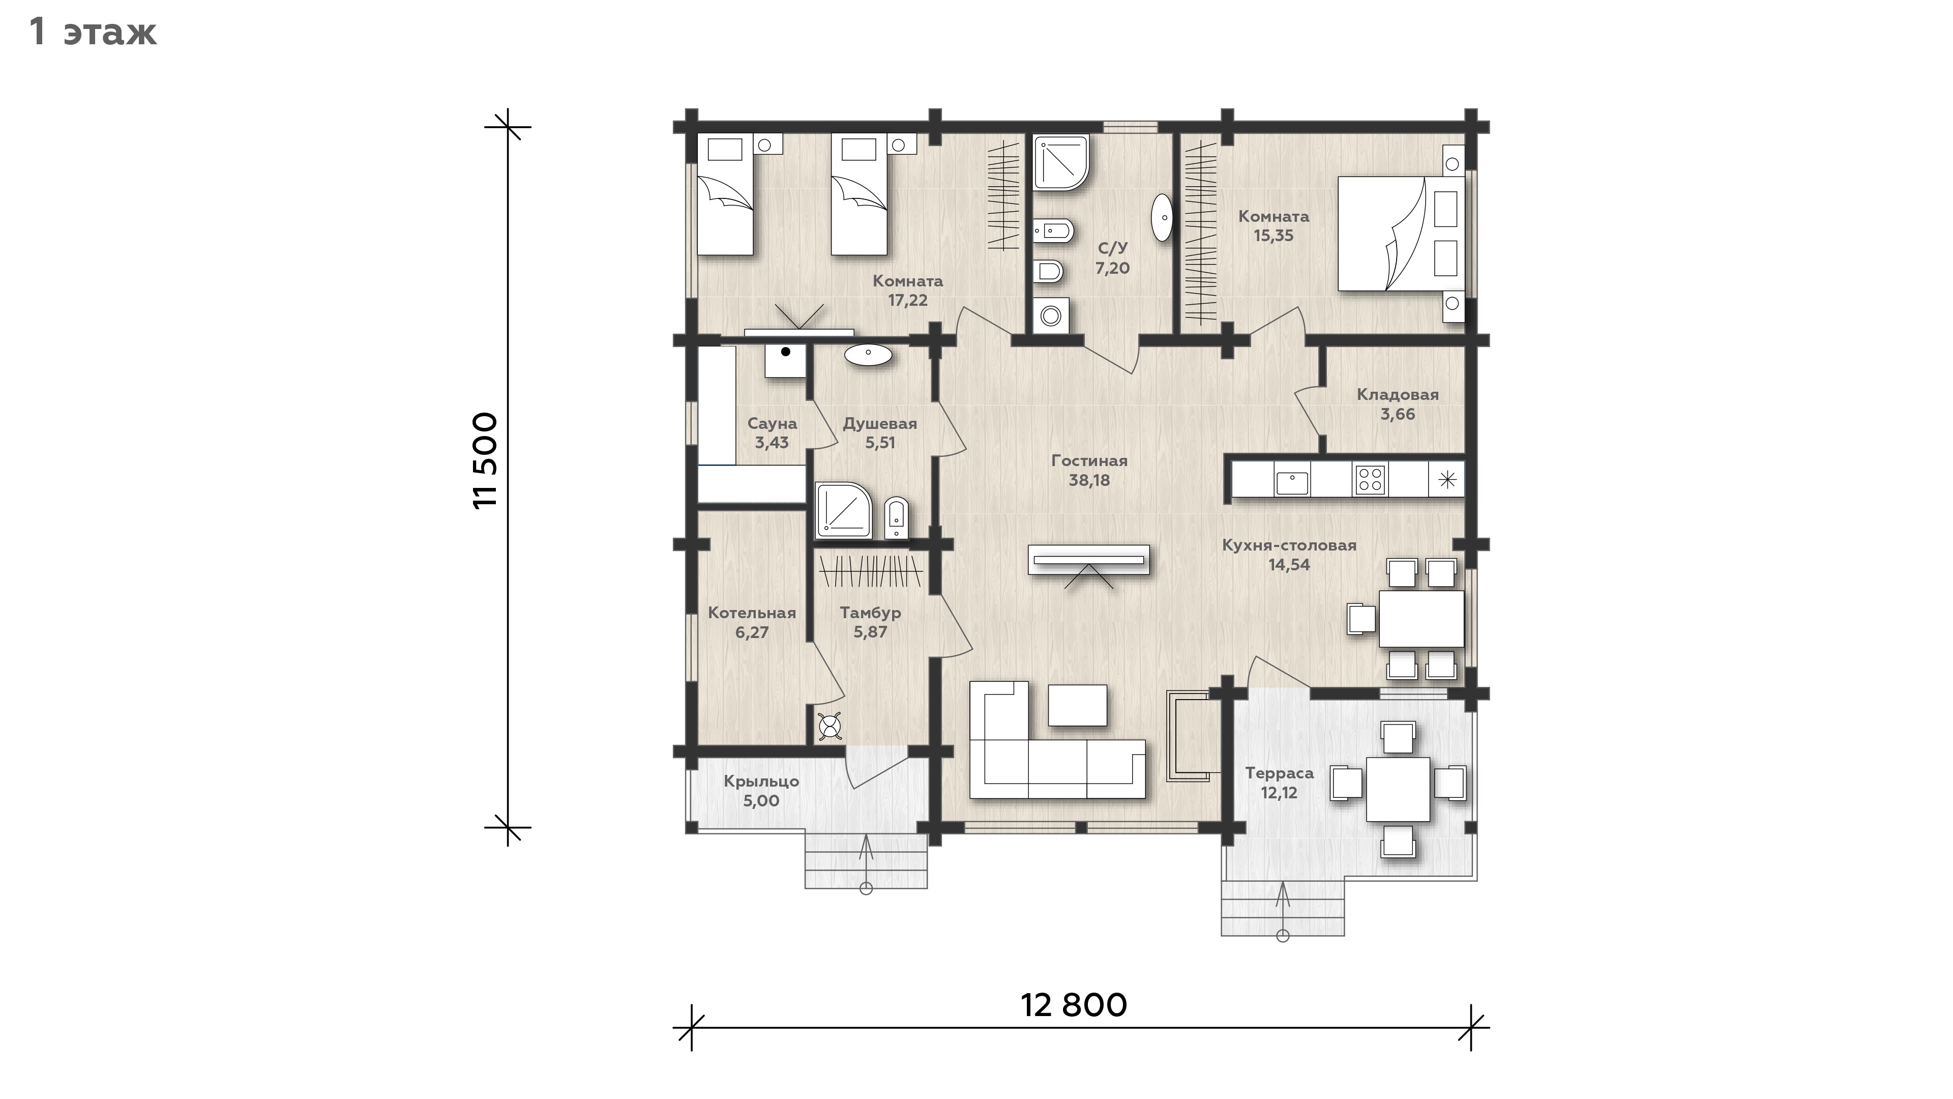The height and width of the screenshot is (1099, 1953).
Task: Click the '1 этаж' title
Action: coord(93,33)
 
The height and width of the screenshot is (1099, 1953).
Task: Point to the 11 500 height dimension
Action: coord(485,460)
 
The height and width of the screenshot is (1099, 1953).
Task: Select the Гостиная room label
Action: coord(1089,460)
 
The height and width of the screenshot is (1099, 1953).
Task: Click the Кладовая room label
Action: coord(1397,394)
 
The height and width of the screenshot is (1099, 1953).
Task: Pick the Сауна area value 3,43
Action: coord(772,443)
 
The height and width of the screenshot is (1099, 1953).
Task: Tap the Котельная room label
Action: coord(752,613)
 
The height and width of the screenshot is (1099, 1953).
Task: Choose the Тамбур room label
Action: coord(870,612)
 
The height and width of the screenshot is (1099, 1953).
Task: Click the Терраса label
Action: coord(1280,773)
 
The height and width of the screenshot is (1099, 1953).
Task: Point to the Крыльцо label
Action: coord(761,781)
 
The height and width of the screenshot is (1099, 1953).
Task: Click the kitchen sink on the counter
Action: coord(1292,482)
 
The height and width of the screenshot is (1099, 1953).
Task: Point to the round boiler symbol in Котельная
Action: coord(830,727)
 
